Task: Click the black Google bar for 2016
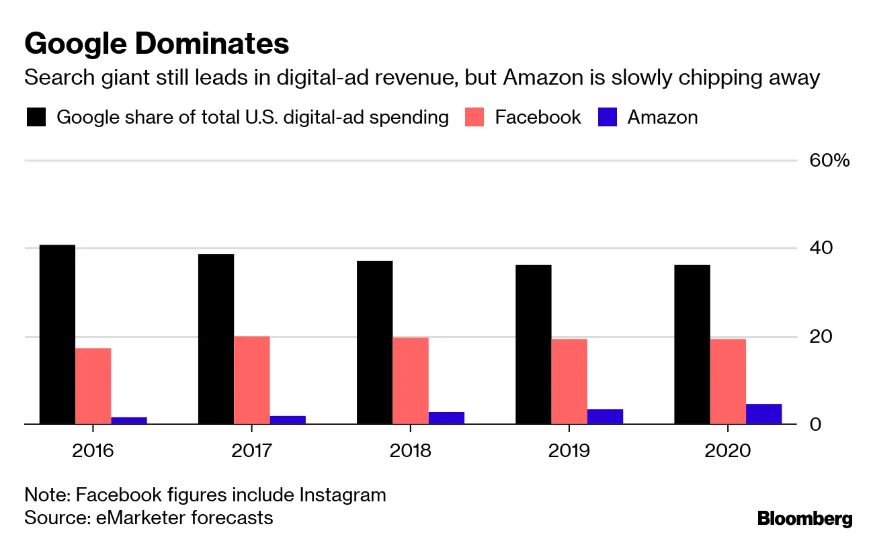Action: pos(57,334)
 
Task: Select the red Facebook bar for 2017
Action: pos(251,380)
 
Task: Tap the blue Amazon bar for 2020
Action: pos(763,414)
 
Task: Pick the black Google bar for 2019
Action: pos(533,344)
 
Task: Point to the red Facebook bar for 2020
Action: pos(728,381)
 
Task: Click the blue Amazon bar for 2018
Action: pos(446,418)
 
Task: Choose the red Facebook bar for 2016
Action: pos(93,386)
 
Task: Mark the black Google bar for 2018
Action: pos(374,342)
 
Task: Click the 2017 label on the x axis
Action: pos(251,450)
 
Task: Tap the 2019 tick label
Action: pos(569,450)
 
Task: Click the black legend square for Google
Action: pos(36,118)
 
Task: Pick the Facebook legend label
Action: pos(538,118)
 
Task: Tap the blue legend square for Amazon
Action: pos(608,118)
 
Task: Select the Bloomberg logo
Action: pos(804,519)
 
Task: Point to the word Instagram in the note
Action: pos(343,496)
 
